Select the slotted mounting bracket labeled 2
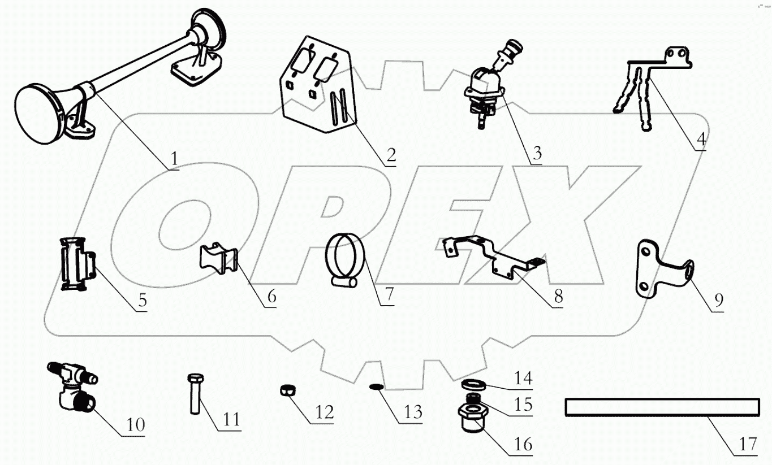click(x=317, y=90)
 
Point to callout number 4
click(x=700, y=138)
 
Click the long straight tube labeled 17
click(x=661, y=407)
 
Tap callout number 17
click(x=748, y=445)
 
